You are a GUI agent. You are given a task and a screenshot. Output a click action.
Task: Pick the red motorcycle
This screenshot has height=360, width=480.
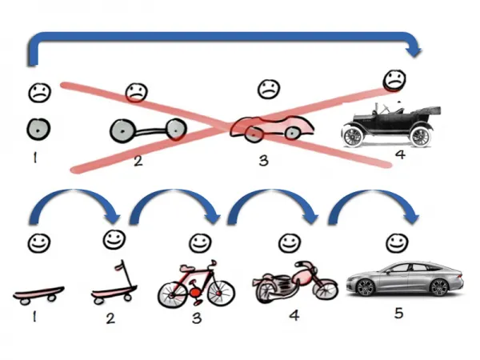coord(294,282)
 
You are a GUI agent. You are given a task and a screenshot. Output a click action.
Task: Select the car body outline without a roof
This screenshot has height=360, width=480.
coord(272,127)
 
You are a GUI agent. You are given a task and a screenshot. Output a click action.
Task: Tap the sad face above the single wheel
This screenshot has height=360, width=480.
coord(38,93)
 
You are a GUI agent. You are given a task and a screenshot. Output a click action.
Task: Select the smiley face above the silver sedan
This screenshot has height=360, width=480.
coord(393,242)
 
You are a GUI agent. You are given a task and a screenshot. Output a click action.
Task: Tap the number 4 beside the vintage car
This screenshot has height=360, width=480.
coord(399,154)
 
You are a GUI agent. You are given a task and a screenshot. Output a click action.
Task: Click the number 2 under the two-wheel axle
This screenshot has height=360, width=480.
coord(138,161)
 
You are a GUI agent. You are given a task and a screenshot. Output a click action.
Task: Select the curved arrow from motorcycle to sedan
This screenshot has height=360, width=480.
coord(375,204)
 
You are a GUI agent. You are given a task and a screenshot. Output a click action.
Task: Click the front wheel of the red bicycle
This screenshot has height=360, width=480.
coord(221,292)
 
